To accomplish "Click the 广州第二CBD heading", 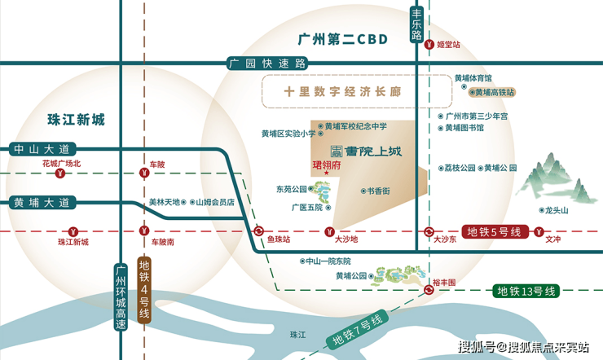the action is [x=342, y=39].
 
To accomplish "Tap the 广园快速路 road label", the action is [x=267, y=64].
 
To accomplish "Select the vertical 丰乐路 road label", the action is [x=416, y=24].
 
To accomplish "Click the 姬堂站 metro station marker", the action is [x=429, y=45].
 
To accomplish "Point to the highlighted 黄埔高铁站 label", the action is [x=492, y=92].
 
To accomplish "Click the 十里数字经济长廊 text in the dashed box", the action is [x=342, y=91].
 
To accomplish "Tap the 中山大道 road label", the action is [x=42, y=149].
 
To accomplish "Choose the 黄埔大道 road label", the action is [x=42, y=203].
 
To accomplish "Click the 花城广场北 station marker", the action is [x=60, y=173].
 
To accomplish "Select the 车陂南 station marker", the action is [x=144, y=231].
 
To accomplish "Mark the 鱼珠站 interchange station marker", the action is [x=259, y=231].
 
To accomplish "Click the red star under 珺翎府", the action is [x=327, y=173].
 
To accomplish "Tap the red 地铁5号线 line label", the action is [x=494, y=231].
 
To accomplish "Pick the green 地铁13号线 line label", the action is [x=526, y=292].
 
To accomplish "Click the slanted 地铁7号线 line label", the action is [x=358, y=330].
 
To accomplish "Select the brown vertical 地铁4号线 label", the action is [x=144, y=289].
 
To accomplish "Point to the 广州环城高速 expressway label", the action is [x=121, y=296].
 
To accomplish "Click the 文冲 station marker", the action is [x=539, y=231].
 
